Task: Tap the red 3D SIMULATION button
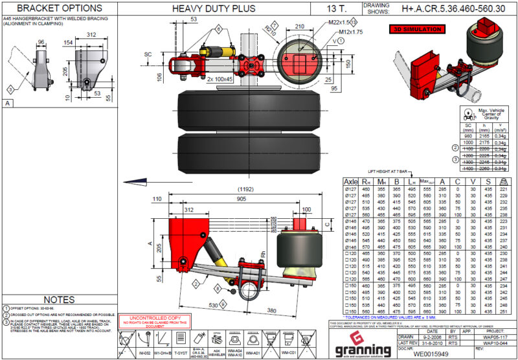coord(414,30)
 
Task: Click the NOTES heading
coord(59,298)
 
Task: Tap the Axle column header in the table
coord(350,182)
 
